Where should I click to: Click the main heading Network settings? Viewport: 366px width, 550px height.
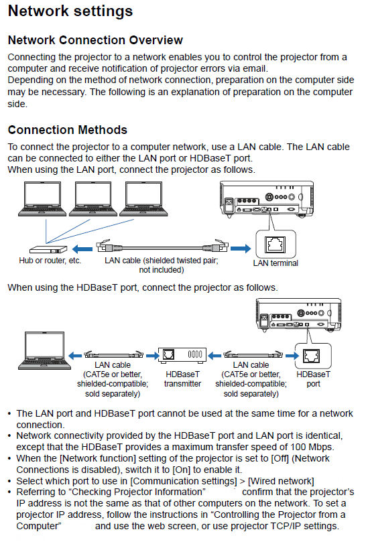coord(70,11)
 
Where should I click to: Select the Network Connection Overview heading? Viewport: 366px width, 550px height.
coord(95,40)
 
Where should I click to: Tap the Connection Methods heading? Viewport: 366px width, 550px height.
coord(67,129)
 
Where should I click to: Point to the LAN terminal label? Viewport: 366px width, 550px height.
coord(276,263)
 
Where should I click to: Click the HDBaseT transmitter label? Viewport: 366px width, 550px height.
coord(182,379)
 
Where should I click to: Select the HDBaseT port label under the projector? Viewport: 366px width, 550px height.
coord(313,379)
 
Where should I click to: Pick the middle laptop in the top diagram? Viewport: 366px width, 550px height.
coord(93,200)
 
